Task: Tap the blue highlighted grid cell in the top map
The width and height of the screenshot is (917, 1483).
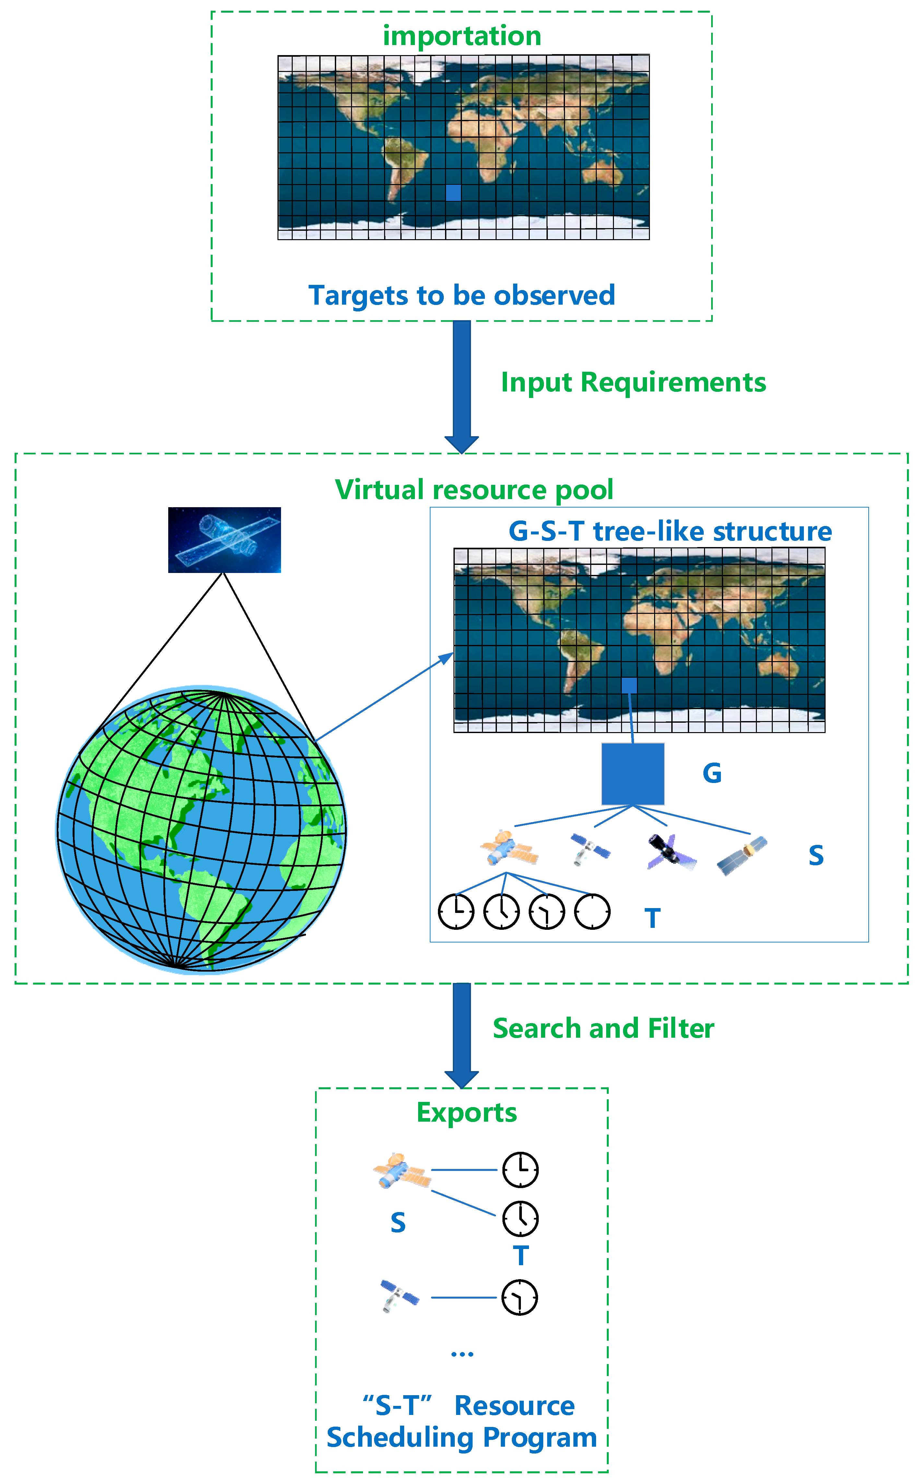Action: [x=453, y=193]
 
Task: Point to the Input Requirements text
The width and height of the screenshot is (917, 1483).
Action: [x=633, y=382]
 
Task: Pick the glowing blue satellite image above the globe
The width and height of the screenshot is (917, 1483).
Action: [x=224, y=540]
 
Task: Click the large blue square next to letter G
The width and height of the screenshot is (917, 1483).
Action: [x=632, y=774]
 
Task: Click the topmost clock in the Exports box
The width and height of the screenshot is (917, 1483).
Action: [x=520, y=1170]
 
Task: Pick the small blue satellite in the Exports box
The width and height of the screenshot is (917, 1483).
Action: [x=399, y=1296]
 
